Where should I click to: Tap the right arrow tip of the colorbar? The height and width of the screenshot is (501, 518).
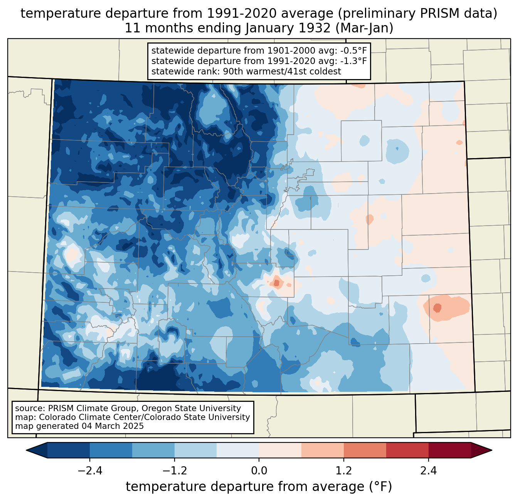[491, 450]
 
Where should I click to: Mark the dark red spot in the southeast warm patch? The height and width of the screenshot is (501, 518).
[437, 308]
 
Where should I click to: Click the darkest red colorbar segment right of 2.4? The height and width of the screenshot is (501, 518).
[449, 450]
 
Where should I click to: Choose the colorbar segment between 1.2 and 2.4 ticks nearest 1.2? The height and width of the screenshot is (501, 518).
[365, 450]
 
